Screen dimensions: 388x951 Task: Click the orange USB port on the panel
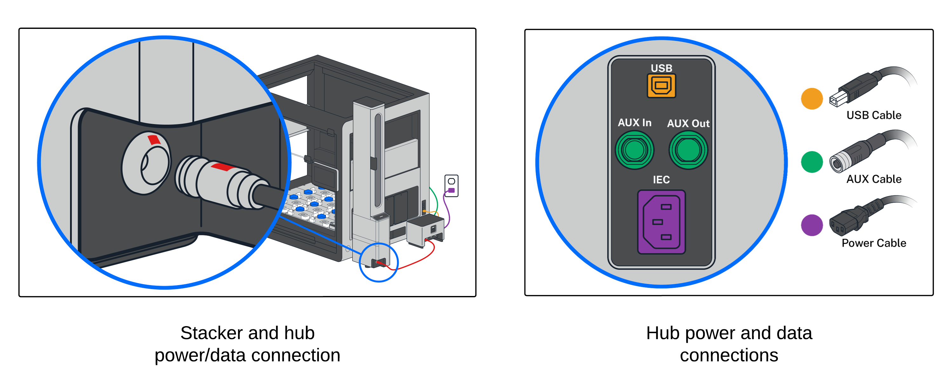tap(661, 86)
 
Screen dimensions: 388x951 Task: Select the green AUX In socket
tap(634, 150)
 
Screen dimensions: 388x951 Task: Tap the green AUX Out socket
tap(688, 150)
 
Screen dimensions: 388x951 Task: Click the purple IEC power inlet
tap(661, 222)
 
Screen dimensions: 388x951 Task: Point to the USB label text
tap(661, 68)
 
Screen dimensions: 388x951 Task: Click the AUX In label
tap(634, 123)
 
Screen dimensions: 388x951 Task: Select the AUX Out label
tap(688, 123)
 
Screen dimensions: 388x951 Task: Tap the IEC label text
tap(661, 180)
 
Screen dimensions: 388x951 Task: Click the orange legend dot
tap(812, 98)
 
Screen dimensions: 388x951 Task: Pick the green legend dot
tap(812, 162)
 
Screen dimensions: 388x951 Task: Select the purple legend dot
tap(812, 225)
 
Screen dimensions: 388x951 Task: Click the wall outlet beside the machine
tap(451, 186)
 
